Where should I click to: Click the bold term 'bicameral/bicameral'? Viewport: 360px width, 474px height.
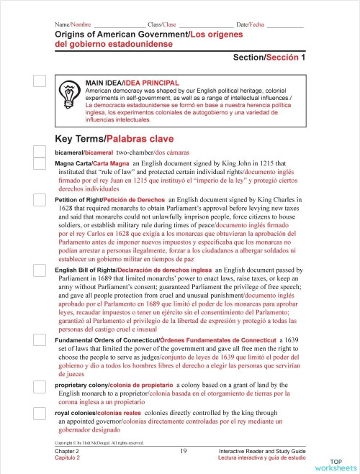[84, 153]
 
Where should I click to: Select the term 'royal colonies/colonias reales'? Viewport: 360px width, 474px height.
[87, 414]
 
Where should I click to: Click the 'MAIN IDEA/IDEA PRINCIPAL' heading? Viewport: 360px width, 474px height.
[132, 83]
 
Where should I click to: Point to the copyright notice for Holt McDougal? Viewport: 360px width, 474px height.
[99, 442]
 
